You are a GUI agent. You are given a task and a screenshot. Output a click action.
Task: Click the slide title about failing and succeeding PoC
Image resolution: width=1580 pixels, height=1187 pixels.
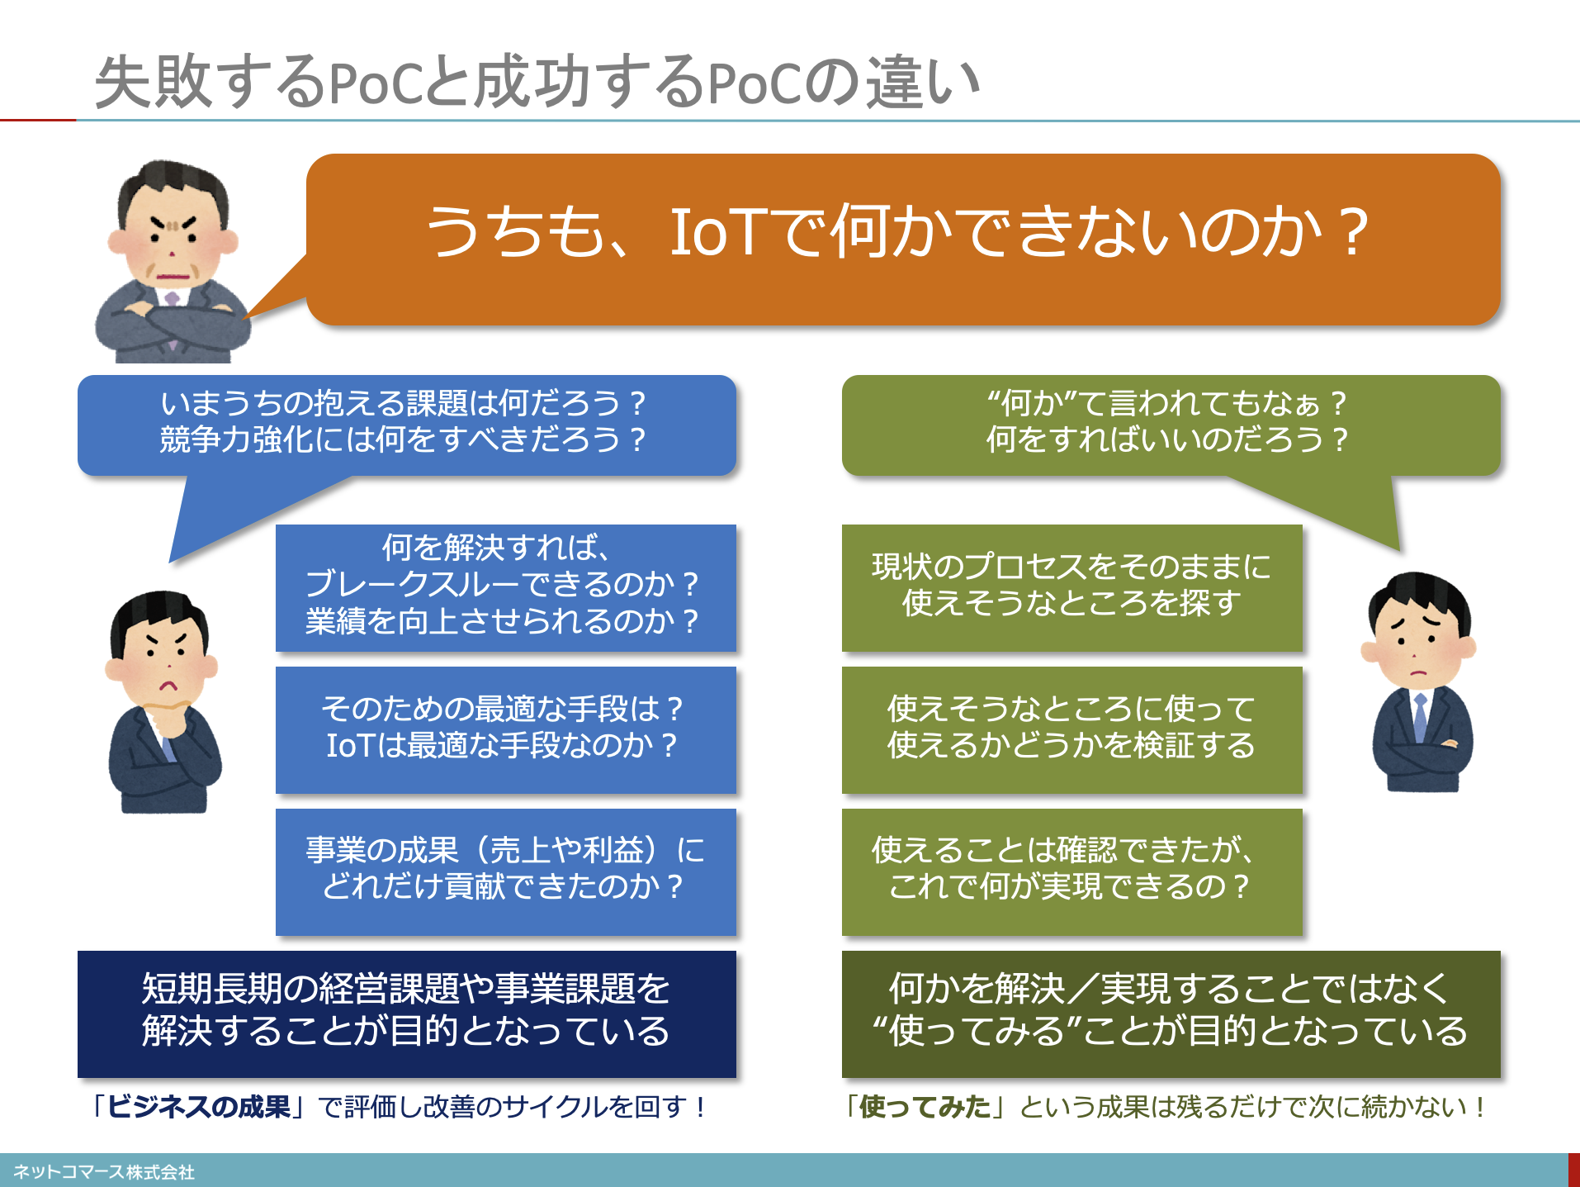(x=537, y=82)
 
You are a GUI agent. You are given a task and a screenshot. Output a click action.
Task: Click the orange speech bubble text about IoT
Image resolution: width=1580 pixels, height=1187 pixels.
(x=896, y=232)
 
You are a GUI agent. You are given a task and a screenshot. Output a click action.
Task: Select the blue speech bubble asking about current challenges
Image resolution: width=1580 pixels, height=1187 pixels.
(x=406, y=425)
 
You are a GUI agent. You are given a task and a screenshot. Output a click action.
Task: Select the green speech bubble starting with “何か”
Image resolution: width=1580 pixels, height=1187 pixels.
(x=1171, y=425)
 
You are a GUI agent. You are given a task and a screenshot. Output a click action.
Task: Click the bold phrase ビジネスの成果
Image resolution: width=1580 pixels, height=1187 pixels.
(x=199, y=1107)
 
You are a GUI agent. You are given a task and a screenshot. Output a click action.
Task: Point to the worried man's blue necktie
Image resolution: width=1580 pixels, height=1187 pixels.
(x=1420, y=717)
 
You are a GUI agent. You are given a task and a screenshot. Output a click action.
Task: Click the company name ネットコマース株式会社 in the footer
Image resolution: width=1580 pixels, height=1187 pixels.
(x=104, y=1172)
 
